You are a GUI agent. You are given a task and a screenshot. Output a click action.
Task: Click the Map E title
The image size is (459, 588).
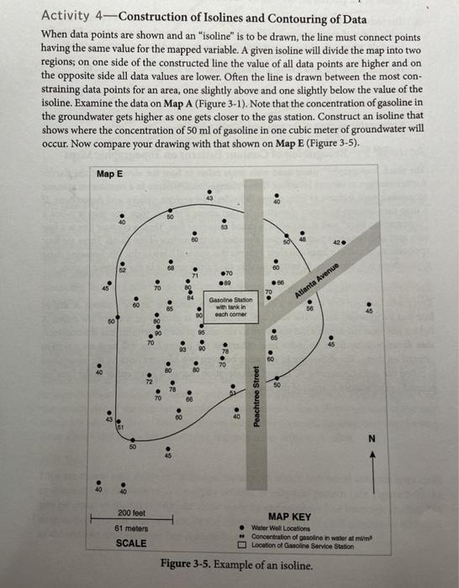108,174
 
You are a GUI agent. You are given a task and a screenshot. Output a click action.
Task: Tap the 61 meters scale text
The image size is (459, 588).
129,528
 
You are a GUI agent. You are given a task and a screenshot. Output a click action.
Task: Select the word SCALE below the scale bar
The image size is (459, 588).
129,543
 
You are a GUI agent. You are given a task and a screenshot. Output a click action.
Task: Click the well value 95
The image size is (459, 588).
202,333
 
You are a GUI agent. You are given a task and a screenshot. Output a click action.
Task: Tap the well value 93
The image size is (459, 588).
182,348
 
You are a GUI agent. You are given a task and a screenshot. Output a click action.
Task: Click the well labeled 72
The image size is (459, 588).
149,381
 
